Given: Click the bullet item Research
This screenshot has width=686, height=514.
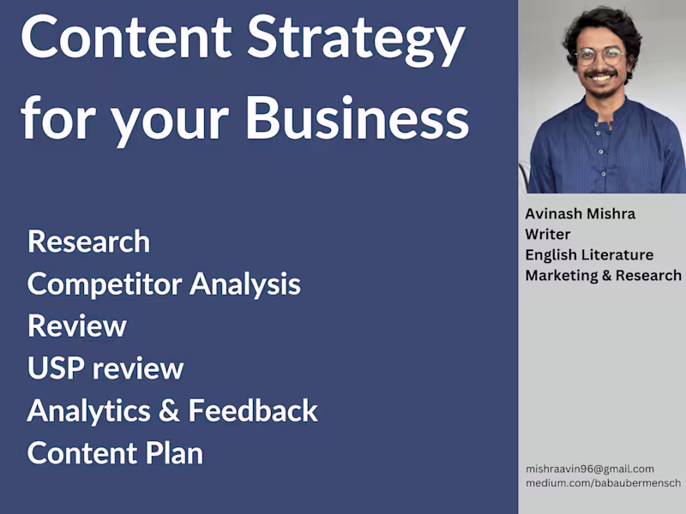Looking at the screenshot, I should coord(88,242).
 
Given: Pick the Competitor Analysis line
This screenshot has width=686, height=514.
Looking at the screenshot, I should coord(164,284).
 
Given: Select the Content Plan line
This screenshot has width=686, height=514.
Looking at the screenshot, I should coord(115,452).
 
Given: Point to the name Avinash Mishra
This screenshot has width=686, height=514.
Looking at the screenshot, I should coord(580,214).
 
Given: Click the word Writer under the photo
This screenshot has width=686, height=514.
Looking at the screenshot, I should coord(548,235).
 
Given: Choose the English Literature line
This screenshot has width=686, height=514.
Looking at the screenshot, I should coord(589,255).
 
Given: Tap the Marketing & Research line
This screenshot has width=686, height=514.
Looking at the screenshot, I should coord(603,276).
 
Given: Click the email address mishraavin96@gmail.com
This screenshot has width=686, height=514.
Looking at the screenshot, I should coord(590,469).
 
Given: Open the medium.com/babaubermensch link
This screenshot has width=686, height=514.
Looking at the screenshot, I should coord(603,484).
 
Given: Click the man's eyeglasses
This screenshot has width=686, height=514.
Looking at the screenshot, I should coord(599,57).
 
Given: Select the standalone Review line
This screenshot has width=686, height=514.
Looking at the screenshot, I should coord(77,326).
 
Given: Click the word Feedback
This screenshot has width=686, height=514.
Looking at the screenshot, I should coord(253,410).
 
